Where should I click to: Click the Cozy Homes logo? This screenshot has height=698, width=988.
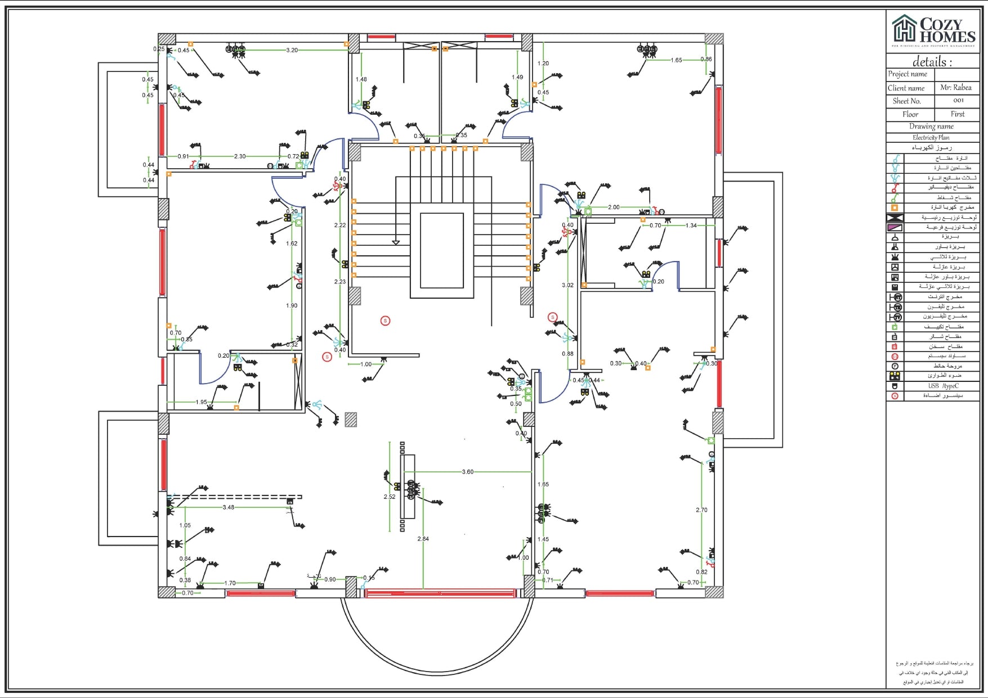point(933,31)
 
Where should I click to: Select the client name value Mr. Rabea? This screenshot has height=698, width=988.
point(955,88)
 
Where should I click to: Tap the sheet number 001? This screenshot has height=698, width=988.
point(958,101)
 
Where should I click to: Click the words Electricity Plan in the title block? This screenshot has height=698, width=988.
point(931,137)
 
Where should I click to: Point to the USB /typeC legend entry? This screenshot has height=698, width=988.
point(943,386)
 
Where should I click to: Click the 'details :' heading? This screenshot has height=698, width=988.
point(932,62)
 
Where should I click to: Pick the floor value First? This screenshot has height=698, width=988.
point(957,114)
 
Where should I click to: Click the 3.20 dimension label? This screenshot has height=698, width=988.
point(292,50)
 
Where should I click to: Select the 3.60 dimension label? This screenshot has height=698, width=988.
point(467,472)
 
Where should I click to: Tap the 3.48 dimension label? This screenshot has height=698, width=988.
point(228,507)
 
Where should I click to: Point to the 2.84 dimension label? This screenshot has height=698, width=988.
point(423,539)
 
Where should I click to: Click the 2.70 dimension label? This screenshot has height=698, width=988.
point(701,510)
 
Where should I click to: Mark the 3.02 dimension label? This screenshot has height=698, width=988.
point(567,285)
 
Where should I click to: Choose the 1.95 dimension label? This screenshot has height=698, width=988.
point(201,402)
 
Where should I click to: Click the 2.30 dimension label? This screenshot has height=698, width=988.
point(240,156)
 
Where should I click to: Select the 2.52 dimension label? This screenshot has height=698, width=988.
point(389,497)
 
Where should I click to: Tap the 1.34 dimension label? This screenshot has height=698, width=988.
point(691,226)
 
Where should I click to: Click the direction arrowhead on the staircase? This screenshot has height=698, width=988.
point(396,242)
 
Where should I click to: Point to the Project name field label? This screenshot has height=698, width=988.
point(907,74)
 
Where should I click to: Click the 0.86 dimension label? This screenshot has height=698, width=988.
point(706,59)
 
